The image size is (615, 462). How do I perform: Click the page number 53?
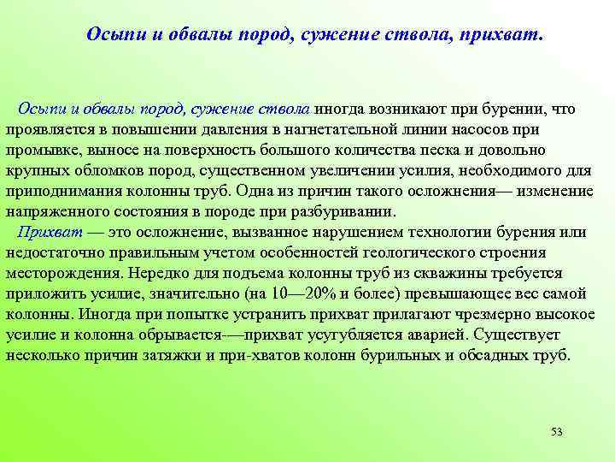[x=557, y=430]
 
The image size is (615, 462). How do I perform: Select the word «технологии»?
[x=465, y=232]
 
